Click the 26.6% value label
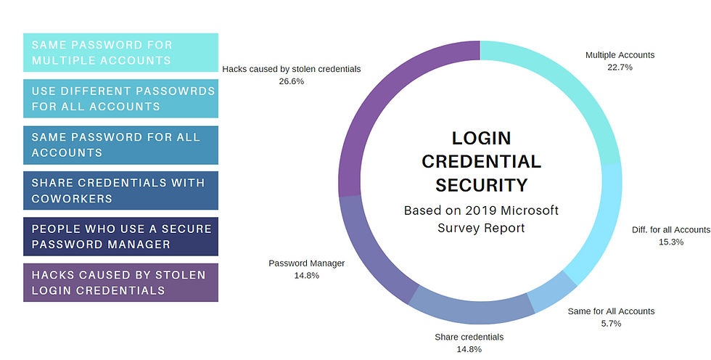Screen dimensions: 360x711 (x=291, y=81)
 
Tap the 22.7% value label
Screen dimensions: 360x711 (x=620, y=67)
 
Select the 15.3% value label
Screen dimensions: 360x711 (x=670, y=242)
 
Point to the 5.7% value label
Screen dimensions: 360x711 (x=611, y=324)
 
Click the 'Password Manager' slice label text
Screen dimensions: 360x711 (x=306, y=263)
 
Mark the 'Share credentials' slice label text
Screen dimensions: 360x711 (x=469, y=337)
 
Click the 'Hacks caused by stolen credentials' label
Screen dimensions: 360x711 (x=291, y=69)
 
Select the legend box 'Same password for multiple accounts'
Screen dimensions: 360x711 (x=120, y=52)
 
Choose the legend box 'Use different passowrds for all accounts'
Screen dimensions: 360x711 (x=120, y=99)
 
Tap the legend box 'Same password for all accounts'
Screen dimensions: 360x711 (x=120, y=145)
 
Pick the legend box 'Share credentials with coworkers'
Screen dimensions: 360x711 (x=120, y=191)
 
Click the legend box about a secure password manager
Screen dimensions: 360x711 (x=120, y=237)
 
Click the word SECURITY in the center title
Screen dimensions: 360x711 (x=481, y=185)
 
